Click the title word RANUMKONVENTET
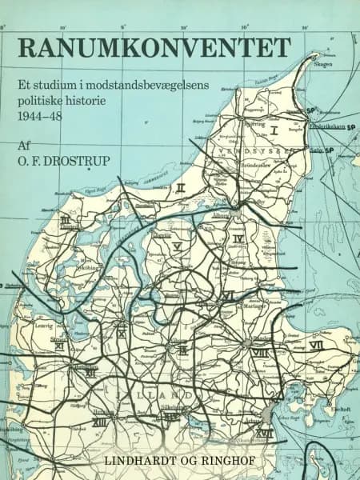click(x=153, y=49)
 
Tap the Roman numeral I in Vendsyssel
click(x=274, y=128)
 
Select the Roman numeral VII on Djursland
click(x=315, y=346)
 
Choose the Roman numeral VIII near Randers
click(x=259, y=352)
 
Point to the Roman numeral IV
click(x=238, y=238)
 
